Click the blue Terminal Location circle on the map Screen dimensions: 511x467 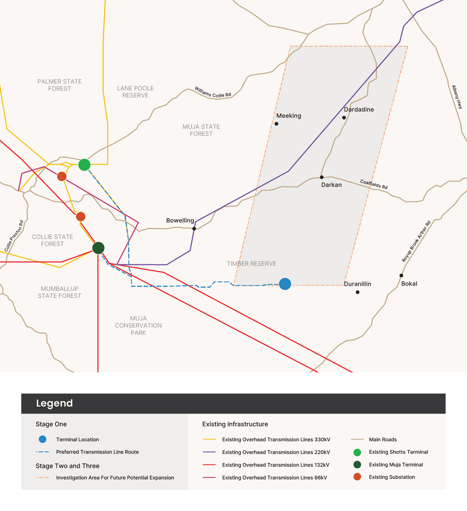pyautogui.click(x=285, y=284)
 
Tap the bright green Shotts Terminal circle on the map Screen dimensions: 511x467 pyautogui.click(x=84, y=165)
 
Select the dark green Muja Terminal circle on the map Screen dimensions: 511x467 pyautogui.click(x=98, y=248)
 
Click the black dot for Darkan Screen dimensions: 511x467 pyautogui.click(x=322, y=177)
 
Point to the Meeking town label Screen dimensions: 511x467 pyautogui.click(x=289, y=116)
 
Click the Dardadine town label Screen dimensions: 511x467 pyautogui.click(x=359, y=110)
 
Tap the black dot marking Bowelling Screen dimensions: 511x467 pyautogui.click(x=194, y=228)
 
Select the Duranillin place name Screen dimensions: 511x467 pyautogui.click(x=357, y=284)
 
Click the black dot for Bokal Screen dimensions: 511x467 pyautogui.click(x=401, y=275)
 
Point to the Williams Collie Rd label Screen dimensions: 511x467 pyautogui.click(x=213, y=92)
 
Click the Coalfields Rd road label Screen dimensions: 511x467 pyautogui.click(x=374, y=184)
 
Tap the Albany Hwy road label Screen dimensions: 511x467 pyautogui.click(x=457, y=97)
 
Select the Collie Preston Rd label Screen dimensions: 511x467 pyautogui.click(x=14, y=236)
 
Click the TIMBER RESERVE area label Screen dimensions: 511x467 pyautogui.click(x=251, y=264)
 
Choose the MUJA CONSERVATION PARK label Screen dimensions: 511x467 pyautogui.click(x=138, y=326)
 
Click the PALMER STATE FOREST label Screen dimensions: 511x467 pyautogui.click(x=60, y=85)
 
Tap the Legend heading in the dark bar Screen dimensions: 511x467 pyautogui.click(x=54, y=403)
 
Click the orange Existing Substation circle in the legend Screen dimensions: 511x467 pyautogui.click(x=357, y=477)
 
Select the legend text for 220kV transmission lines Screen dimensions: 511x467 pyautogui.click(x=276, y=452)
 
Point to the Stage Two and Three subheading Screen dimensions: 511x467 pyautogui.click(x=67, y=466)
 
